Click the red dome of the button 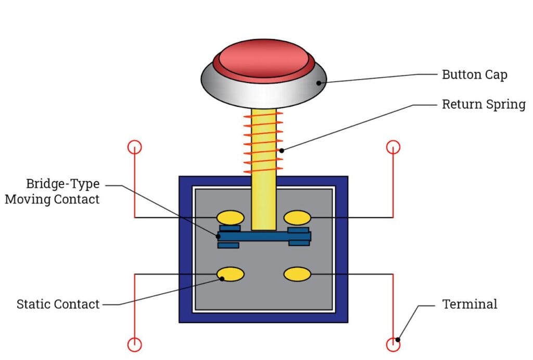point(264,57)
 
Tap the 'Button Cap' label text point(474,75)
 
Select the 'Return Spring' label point(484,104)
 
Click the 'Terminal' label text point(469,304)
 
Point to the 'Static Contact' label point(58,304)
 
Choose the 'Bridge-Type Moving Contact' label point(52,192)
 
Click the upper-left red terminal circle point(135,147)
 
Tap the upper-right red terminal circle point(393,147)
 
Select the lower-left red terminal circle point(135,344)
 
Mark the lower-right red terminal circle point(393,344)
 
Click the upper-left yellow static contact point(230,217)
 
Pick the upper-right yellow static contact point(297,217)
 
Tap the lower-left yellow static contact point(230,274)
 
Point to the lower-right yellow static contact point(297,274)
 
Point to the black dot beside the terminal point(398,340)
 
